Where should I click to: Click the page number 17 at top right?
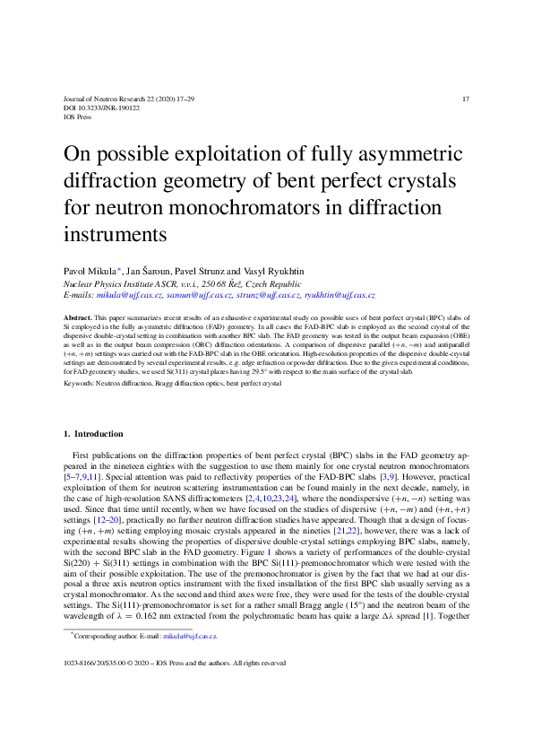pyautogui.click(x=464, y=98)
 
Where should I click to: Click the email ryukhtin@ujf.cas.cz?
pyautogui.click(x=340, y=294)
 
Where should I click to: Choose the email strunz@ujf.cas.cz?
pyautogui.click(x=268, y=294)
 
